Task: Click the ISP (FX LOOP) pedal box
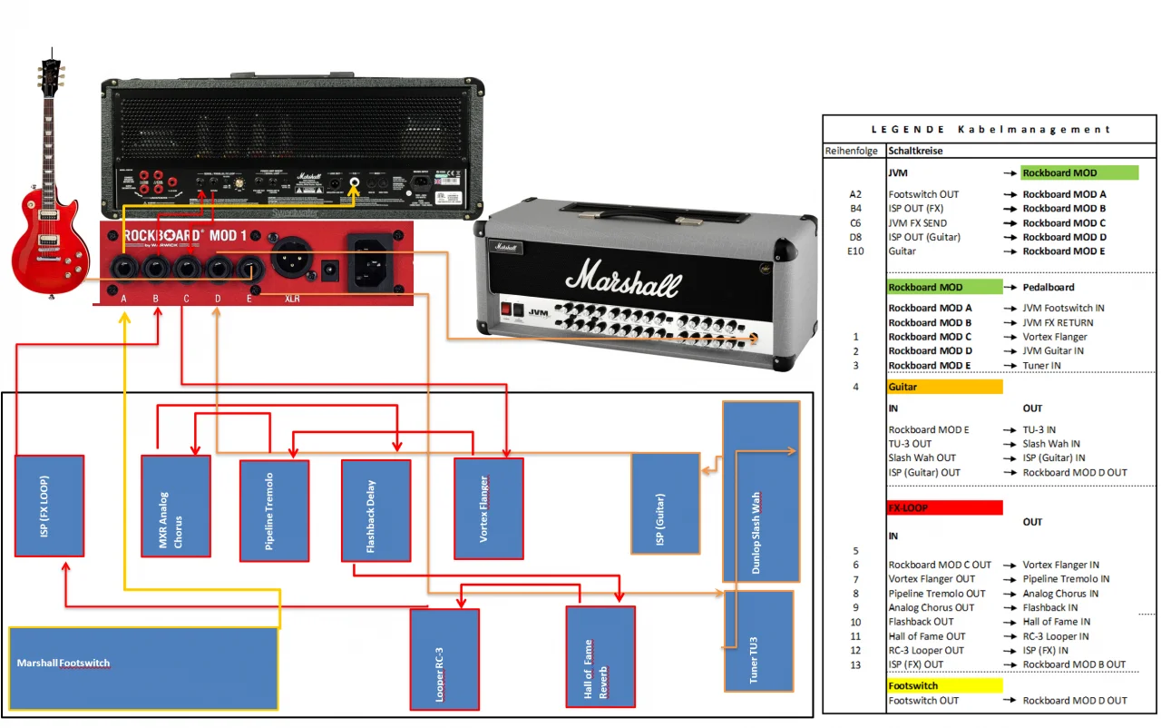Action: pos(50,506)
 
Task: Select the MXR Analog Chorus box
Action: pos(176,506)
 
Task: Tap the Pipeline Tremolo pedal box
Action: pos(274,511)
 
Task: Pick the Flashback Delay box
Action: pos(376,510)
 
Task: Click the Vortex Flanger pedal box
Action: pos(489,508)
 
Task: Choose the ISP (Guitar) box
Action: pos(665,503)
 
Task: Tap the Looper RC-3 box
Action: pos(444,659)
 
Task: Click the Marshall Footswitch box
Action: pos(142,667)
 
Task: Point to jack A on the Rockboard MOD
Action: pos(123,269)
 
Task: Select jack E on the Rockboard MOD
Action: pos(249,269)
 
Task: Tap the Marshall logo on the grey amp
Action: pos(623,280)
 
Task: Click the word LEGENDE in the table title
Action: pos(911,130)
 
